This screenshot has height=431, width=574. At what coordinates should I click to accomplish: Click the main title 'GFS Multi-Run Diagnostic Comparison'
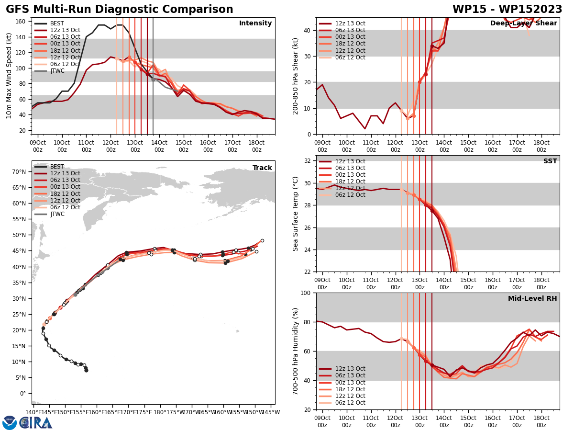pos(120,10)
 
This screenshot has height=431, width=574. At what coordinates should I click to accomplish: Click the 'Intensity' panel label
pos(255,23)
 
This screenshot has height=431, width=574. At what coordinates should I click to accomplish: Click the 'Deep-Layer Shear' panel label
pos(523,23)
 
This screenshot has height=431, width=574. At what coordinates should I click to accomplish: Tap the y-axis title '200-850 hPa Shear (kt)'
pos(296,76)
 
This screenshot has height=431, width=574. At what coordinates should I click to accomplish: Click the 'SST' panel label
pos(550,161)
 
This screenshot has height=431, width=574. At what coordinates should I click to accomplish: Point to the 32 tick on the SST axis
pos(308,161)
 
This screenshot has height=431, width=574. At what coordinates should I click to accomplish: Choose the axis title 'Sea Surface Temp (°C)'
pos(296,214)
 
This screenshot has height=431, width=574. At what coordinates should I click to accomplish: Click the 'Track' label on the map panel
pos(262,168)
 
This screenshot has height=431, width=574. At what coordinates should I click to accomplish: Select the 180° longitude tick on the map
pos(160,412)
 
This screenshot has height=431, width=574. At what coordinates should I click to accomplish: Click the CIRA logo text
pos(36,422)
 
